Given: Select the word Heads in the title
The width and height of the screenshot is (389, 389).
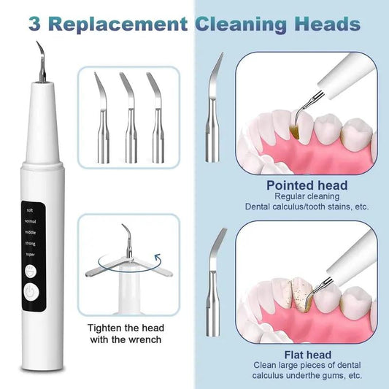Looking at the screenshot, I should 326,24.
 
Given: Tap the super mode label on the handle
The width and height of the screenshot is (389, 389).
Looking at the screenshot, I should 30,254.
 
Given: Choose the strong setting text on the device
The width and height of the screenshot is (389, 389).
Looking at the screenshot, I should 30,244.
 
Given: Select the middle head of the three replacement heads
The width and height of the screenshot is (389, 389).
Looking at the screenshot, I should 129,117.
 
